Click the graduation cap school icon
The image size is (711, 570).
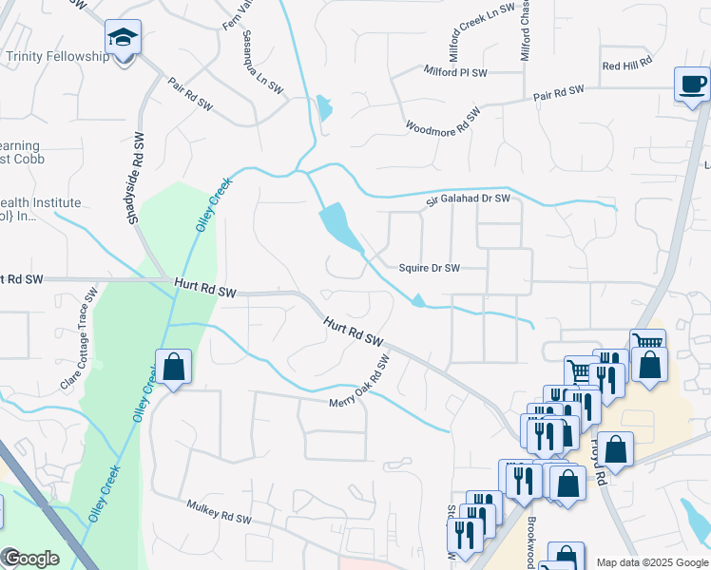coord(123,39)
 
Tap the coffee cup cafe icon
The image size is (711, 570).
coord(692,85)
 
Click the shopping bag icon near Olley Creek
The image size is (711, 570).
coord(173,368)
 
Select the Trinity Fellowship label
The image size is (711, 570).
coord(58,57)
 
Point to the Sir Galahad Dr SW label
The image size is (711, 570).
coord(468,198)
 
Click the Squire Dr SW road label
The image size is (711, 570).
coord(430,269)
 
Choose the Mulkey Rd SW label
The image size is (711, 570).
coord(219,513)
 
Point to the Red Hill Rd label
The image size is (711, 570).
coord(626,63)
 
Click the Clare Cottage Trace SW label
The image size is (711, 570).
coord(79,339)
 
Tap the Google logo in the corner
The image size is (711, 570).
coord(30,558)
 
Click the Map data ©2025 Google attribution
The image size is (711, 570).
coord(652,562)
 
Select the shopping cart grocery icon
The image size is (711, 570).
coord(646,343)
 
